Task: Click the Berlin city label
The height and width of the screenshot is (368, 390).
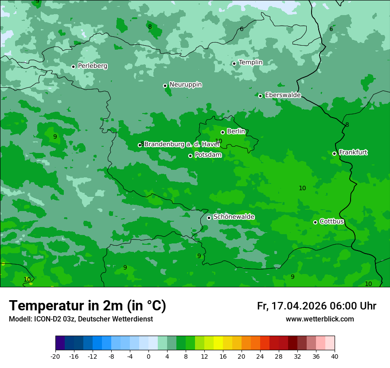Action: click(x=236, y=132)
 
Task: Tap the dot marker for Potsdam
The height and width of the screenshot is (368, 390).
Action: click(x=191, y=156)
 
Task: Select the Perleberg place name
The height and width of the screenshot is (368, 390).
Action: click(x=92, y=66)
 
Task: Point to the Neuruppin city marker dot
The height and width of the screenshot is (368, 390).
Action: click(x=165, y=86)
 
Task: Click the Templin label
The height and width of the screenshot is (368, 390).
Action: click(x=250, y=63)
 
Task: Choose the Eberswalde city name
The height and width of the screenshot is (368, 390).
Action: click(x=283, y=95)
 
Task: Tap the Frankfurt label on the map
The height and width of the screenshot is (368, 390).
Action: click(x=353, y=153)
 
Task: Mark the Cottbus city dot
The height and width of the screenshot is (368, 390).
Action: click(x=315, y=222)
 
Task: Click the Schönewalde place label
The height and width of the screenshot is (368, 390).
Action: click(x=234, y=217)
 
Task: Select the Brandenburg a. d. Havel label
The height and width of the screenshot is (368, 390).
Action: click(x=182, y=145)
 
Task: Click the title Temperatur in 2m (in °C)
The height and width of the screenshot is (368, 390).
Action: click(x=87, y=306)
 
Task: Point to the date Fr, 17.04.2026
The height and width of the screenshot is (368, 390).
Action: click(x=292, y=306)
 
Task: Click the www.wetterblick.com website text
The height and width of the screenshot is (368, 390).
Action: click(x=320, y=319)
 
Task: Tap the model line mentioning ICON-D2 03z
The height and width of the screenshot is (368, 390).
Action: click(x=81, y=319)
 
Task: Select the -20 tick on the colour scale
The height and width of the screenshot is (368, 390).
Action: click(x=55, y=356)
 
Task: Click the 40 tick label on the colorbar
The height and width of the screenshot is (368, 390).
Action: click(x=335, y=356)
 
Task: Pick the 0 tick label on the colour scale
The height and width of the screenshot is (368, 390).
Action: click(x=148, y=356)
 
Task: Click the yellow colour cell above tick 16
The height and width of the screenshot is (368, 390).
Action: click(x=218, y=343)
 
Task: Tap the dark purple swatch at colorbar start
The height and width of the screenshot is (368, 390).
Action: click(x=60, y=343)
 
